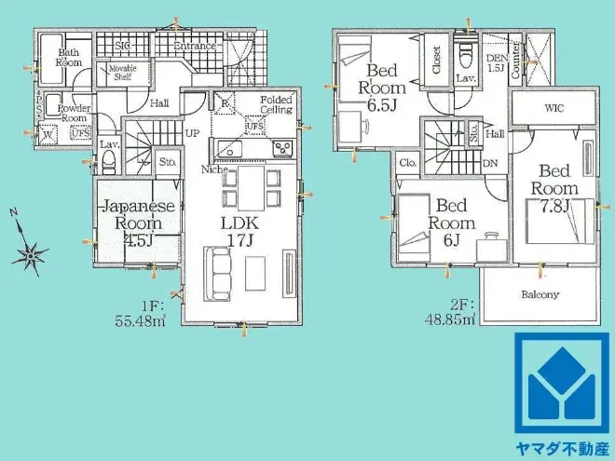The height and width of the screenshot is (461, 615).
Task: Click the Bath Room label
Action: [70, 58]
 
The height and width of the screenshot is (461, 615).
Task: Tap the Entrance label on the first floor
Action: [195, 45]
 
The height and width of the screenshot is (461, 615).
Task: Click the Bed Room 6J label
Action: [451, 223]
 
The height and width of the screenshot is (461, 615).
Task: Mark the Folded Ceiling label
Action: [276, 105]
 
